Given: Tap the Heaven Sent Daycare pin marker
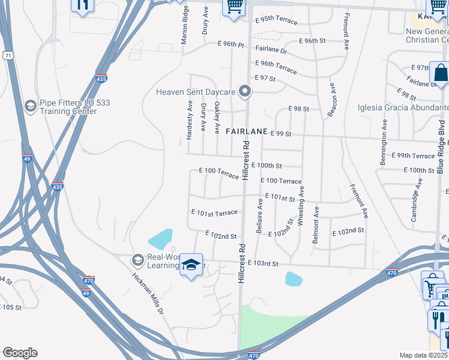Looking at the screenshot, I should tap(244, 92).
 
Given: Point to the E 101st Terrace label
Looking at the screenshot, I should tap(214, 212).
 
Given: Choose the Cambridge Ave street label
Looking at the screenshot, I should tap(414, 205).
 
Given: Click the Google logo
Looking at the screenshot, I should tap(20, 353).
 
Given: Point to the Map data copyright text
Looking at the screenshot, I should tap(424, 355).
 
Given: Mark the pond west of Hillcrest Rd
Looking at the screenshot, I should tap(160, 239).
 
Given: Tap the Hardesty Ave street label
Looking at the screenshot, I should tap(189, 119).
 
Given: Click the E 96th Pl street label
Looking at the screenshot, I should tap(231, 44).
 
